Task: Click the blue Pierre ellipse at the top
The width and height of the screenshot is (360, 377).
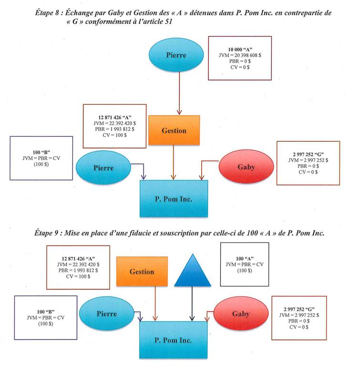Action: (x=176, y=55)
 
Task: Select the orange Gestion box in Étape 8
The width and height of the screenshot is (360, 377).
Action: (x=173, y=130)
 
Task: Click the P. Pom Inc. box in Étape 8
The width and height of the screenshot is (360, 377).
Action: (x=173, y=198)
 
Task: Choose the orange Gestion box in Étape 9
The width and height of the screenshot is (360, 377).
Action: (x=142, y=271)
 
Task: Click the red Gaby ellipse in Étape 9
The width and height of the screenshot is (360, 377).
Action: (x=240, y=314)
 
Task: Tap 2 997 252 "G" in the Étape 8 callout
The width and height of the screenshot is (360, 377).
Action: (x=307, y=154)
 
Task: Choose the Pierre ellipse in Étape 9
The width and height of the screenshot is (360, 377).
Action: (x=106, y=314)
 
